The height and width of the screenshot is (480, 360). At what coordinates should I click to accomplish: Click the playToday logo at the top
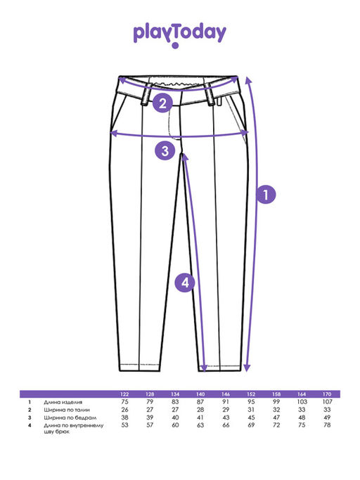pos(179,35)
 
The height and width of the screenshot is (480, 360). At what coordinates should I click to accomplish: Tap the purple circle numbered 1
pos(266,195)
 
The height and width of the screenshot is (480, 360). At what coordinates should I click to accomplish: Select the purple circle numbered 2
pos(162,103)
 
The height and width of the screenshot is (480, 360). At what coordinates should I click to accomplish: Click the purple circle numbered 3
pos(165,150)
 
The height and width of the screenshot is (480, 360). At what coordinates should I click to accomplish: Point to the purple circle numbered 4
pos(185,282)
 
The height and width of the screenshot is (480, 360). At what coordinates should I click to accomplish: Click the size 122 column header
pos(124,394)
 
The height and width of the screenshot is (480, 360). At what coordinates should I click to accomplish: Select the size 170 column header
pos(327,394)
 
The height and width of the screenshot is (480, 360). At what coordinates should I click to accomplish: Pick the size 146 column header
pos(226,394)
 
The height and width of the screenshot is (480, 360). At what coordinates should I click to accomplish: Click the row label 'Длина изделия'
pos(63,402)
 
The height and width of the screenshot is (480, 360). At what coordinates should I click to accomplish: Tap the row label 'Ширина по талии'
pos(67,410)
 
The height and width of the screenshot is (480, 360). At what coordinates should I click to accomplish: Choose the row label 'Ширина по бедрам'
pos(70,417)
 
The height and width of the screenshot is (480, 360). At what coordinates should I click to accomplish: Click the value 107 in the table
pos(327,401)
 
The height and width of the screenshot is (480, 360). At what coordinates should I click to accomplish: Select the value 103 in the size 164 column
pos(302,401)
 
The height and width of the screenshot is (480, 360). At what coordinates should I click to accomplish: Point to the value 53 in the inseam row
pos(124,425)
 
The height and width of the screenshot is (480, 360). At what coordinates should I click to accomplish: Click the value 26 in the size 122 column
pos(124,410)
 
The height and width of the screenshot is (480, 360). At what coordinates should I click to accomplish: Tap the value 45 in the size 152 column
pos(251,417)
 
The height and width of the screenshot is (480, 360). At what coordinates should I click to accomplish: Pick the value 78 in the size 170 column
pos(327,425)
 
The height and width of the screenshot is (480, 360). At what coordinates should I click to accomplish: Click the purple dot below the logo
pos(175,46)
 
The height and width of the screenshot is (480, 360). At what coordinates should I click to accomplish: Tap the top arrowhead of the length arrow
pos(248,80)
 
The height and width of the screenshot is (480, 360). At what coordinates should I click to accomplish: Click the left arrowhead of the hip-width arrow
pos(114,133)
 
